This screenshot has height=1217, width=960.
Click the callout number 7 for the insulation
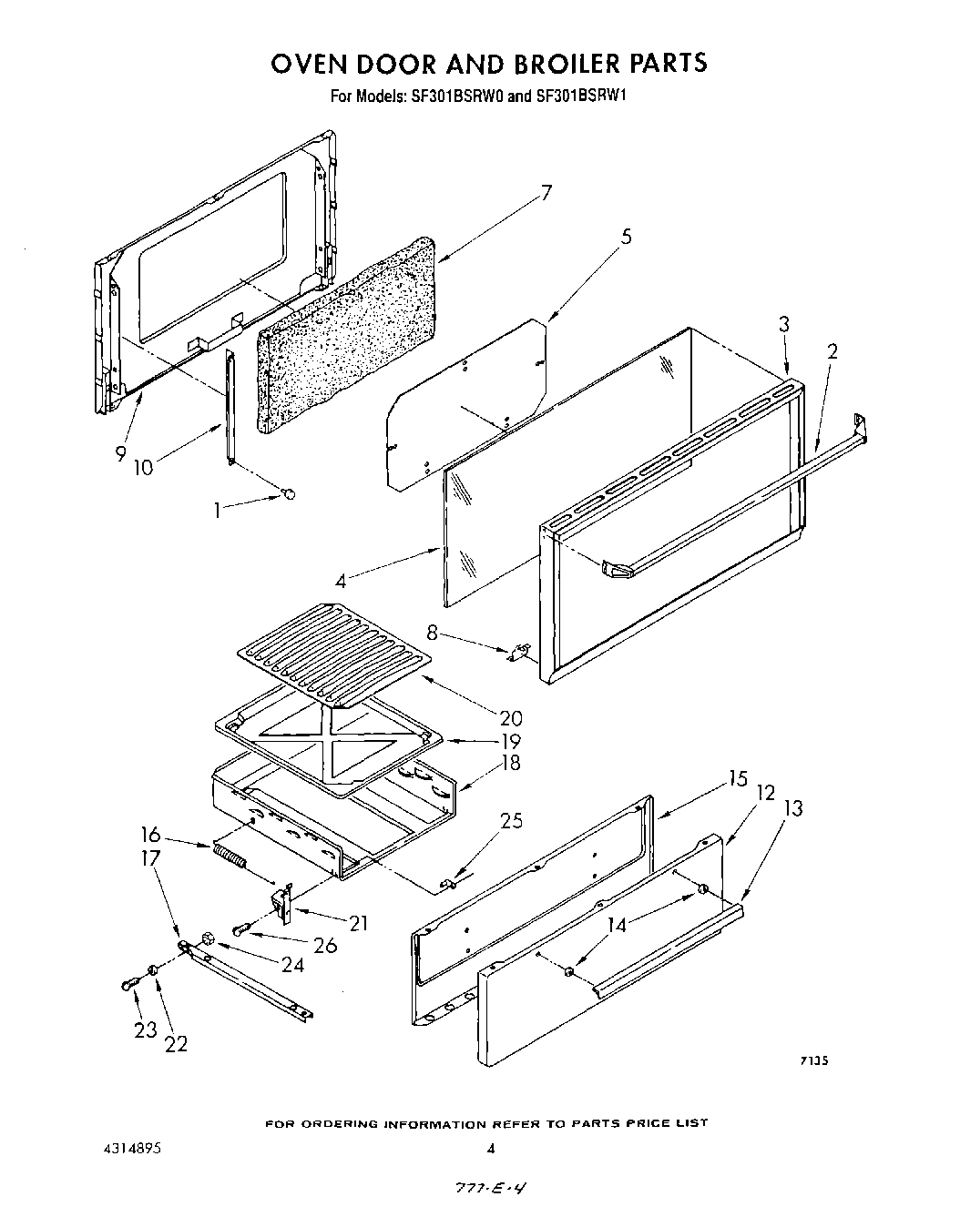click(x=546, y=193)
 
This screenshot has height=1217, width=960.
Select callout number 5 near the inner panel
click(x=627, y=237)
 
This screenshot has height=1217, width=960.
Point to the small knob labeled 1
click(x=289, y=493)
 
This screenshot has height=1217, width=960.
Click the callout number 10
click(x=144, y=467)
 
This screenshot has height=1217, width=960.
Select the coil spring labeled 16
click(x=229, y=857)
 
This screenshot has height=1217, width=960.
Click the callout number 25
click(x=512, y=820)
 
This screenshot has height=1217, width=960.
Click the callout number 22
click(x=175, y=1044)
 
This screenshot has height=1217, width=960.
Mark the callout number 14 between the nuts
click(x=618, y=926)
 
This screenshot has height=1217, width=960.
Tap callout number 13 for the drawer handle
click(x=793, y=807)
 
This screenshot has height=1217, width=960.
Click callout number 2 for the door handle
click(x=832, y=351)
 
